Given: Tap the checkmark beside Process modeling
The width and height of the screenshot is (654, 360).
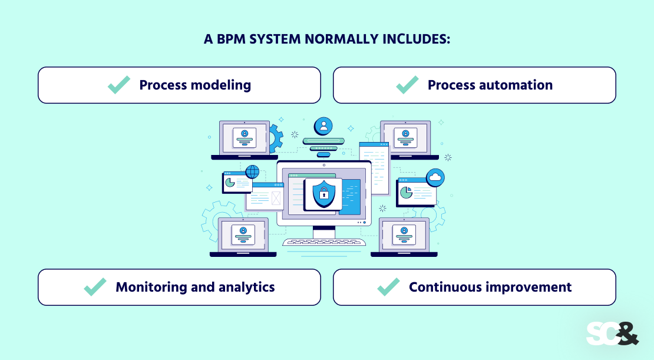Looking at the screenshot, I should click(x=119, y=85).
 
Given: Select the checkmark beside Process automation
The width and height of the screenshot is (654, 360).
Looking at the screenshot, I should click(x=407, y=85).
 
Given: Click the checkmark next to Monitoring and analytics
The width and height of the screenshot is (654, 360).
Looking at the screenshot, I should click(x=95, y=287).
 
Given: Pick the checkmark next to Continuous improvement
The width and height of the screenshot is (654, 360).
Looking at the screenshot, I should click(x=388, y=287).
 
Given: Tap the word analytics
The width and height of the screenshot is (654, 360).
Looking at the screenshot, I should click(x=245, y=287).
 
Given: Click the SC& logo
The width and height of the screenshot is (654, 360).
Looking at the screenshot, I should click(x=612, y=333).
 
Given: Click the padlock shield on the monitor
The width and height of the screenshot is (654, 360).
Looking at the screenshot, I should click(x=323, y=193).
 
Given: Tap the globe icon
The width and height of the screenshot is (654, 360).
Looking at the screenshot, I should click(x=252, y=171).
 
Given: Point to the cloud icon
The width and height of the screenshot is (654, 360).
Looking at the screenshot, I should click(x=435, y=177).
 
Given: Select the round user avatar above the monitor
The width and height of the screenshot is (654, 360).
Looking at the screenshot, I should click(x=323, y=125).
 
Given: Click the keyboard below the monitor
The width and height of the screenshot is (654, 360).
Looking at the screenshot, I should click(x=323, y=242).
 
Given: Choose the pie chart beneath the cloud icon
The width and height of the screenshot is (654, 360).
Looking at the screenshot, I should click(x=406, y=192).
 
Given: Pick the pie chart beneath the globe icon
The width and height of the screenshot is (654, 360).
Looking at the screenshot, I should click(x=230, y=183).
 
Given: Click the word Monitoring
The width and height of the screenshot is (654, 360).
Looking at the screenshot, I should click(x=151, y=287).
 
